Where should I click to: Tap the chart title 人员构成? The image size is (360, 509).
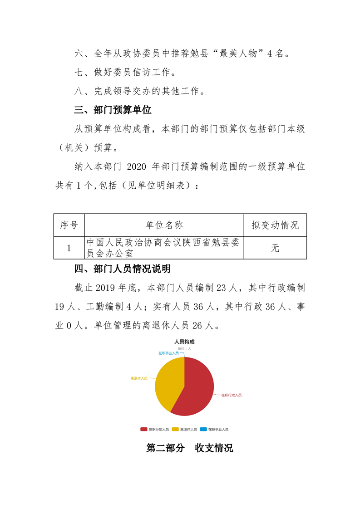point(184,342)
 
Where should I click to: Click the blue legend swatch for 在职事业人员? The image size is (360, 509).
point(203,429)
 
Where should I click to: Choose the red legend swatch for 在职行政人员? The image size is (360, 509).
point(143,429)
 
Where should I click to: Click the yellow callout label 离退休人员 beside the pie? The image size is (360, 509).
point(138,378)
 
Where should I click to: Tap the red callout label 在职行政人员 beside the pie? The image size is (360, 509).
point(231,395)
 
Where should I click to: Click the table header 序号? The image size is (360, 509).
point(69,225)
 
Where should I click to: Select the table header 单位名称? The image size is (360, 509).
point(164,225)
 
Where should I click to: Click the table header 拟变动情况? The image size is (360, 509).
point(275,225)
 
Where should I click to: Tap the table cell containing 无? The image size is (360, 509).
point(275,248)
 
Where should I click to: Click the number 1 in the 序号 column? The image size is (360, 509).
point(69,248)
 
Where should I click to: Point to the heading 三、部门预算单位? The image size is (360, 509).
point(113,110)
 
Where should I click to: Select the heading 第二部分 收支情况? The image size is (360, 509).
point(189,448)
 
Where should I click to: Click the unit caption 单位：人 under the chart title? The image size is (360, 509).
point(184,348)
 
